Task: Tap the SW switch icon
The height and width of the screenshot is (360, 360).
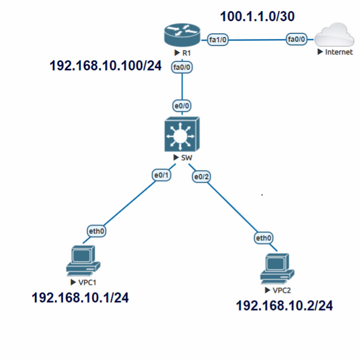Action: tap(182, 135)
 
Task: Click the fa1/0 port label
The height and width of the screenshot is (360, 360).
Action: tap(218, 40)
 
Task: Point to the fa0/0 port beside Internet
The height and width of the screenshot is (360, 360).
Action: tap(297, 40)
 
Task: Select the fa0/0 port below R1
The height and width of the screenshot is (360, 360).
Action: tap(182, 67)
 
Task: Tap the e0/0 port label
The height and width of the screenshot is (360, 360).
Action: tap(182, 106)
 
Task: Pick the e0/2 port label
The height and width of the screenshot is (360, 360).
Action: tap(201, 177)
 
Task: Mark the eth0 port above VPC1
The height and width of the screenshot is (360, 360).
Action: tap(97, 232)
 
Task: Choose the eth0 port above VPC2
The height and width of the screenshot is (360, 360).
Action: tap(264, 238)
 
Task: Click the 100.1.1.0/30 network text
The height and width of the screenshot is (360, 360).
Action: tap(257, 17)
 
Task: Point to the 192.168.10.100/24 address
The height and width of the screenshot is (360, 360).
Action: tap(105, 66)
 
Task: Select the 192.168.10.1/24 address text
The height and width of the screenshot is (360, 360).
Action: tap(80, 298)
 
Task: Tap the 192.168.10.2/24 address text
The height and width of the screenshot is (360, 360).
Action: tap(284, 306)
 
